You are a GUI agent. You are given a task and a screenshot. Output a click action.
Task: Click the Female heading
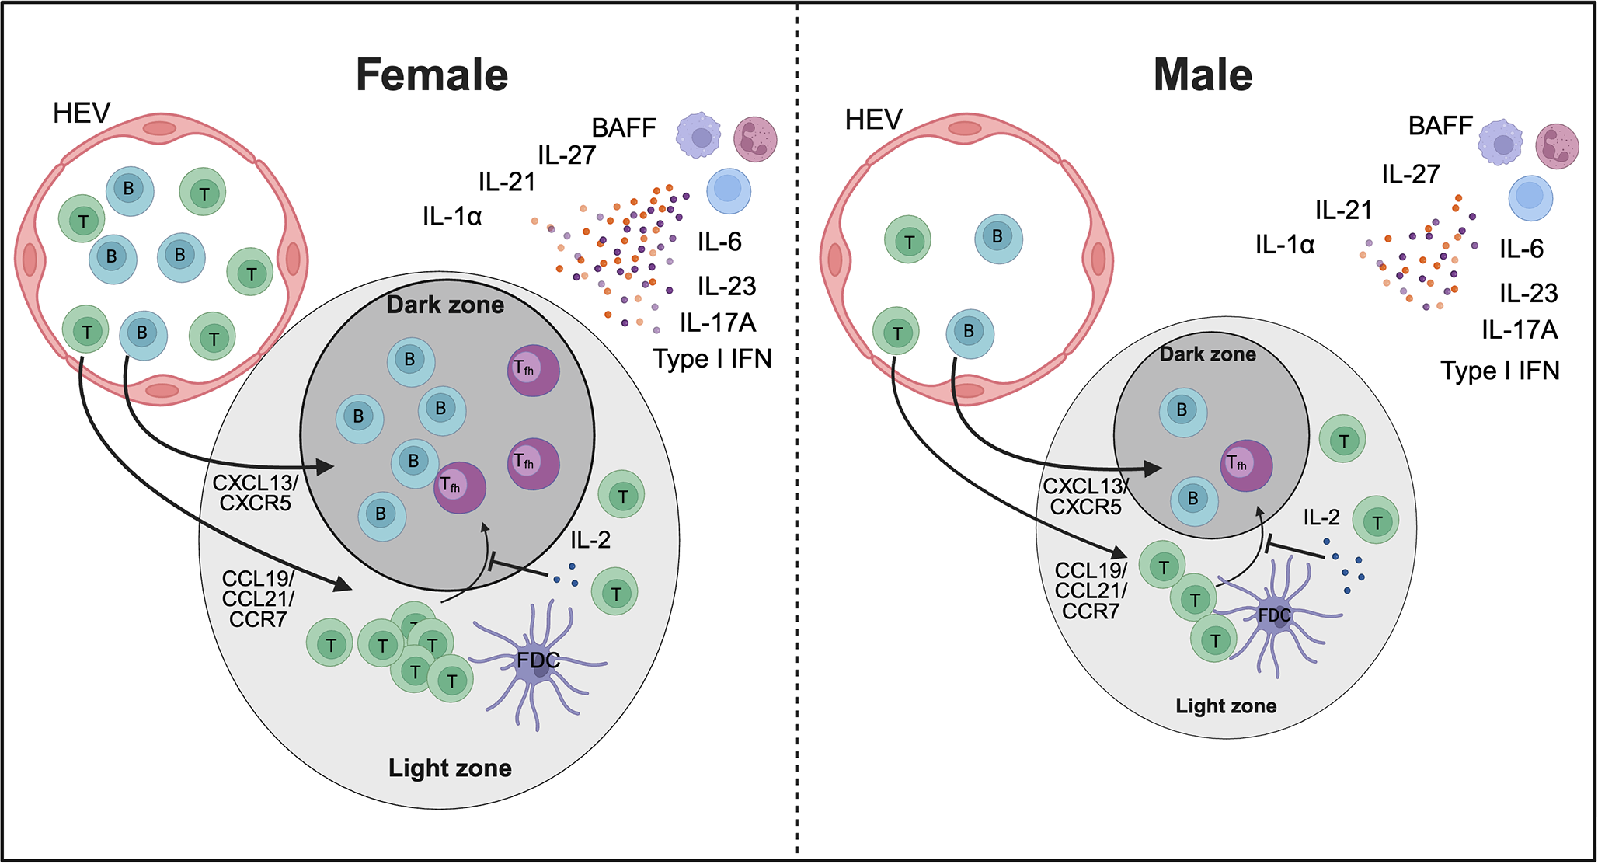[x=432, y=75]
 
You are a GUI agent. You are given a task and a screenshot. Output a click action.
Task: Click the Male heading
[x=1203, y=75]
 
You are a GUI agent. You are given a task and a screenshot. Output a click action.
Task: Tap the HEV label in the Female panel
[x=82, y=113]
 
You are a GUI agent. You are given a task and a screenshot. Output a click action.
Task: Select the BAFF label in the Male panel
[x=1440, y=126]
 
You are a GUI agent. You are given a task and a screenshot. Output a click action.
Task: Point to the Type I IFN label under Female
[x=712, y=359]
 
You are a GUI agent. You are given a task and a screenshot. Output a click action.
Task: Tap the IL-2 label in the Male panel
[x=1321, y=517]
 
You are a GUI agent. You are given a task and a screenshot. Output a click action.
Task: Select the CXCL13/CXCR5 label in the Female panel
[x=255, y=493]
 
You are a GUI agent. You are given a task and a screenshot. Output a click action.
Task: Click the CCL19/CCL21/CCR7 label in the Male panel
[x=1091, y=591]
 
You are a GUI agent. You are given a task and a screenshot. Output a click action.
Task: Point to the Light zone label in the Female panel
[x=450, y=768]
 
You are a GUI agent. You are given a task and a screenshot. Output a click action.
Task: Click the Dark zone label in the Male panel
[x=1207, y=354]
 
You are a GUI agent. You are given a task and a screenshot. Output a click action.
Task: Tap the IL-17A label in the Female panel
[x=717, y=322]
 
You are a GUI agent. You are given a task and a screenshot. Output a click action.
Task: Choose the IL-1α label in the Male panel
[x=1285, y=246]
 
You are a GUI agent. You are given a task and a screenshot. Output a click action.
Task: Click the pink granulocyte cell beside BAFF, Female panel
[x=755, y=139]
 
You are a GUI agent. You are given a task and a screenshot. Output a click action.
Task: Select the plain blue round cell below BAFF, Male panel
[x=1530, y=197]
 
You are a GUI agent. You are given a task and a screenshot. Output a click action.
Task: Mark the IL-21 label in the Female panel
[x=507, y=183]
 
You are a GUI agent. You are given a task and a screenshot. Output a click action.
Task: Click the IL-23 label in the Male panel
[x=1528, y=294]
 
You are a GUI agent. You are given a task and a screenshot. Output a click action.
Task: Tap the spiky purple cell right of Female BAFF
[x=698, y=136]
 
